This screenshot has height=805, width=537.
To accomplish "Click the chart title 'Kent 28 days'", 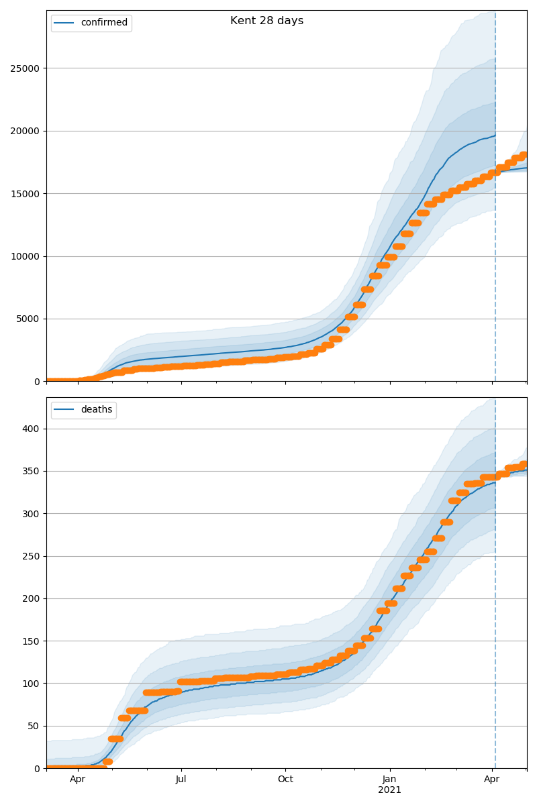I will (x=266, y=21).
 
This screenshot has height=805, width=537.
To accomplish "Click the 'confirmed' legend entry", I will (x=103, y=23).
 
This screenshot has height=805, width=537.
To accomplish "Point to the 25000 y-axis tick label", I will (x=24, y=68).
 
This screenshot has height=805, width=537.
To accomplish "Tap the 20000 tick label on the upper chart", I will (x=24, y=131).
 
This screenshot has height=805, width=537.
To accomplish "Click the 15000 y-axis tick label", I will (x=24, y=194).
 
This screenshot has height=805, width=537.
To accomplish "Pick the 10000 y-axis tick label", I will (x=24, y=256).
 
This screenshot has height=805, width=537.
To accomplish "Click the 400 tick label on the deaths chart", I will (x=31, y=429).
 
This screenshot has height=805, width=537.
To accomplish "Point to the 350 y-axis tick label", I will (x=31, y=472).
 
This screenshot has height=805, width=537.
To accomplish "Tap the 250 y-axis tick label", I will (x=31, y=556).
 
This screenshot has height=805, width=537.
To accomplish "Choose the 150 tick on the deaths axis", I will (x=31, y=641).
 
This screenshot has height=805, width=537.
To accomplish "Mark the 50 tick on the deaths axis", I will (x=34, y=726).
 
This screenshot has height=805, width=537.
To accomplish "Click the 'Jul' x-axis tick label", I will (x=181, y=780).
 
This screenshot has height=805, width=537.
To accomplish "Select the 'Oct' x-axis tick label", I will (x=285, y=780).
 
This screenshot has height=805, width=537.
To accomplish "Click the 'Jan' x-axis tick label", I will (x=389, y=780).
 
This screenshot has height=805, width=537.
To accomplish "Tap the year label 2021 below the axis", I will (x=389, y=790).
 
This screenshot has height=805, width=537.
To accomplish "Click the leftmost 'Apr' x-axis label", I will (x=77, y=780).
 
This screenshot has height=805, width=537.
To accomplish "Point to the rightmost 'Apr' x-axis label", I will (x=492, y=780).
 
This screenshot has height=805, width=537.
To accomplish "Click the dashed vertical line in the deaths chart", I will (x=495, y=604).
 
